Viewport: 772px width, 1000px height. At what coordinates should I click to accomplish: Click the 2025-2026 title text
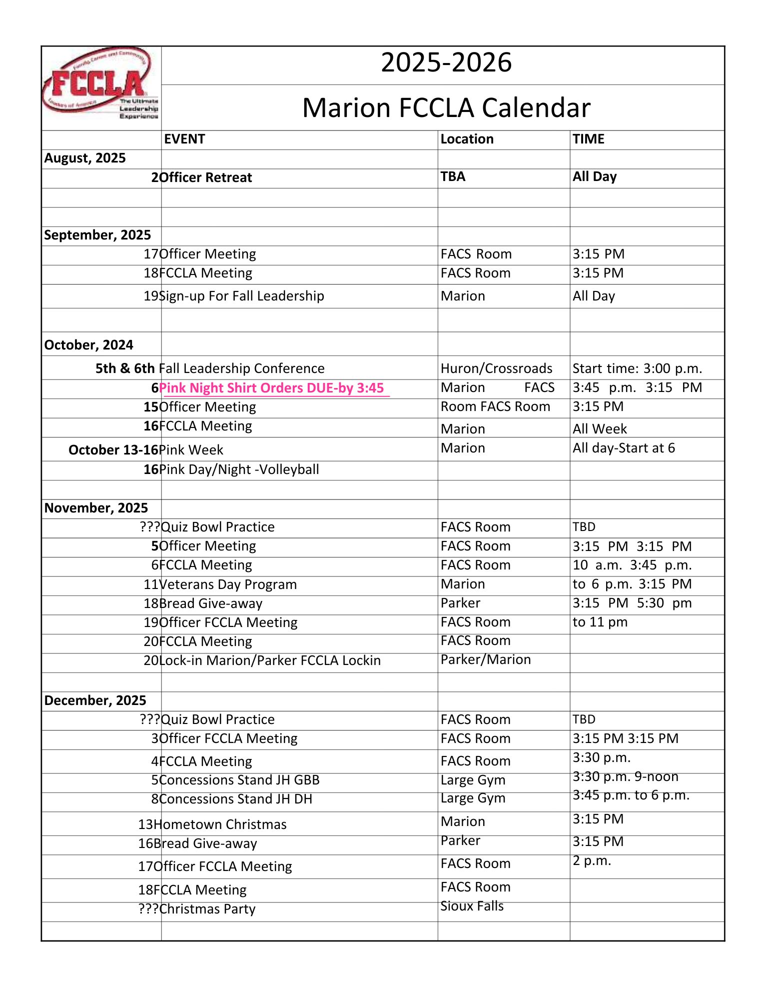tap(446, 63)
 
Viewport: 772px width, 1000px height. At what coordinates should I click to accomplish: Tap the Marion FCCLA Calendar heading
tap(446, 108)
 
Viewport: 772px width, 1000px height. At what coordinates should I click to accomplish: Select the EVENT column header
tap(184, 139)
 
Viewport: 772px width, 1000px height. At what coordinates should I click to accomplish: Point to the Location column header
tap(467, 139)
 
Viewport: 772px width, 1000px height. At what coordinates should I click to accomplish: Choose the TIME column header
tap(588, 139)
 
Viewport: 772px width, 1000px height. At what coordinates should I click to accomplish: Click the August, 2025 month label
tap(85, 158)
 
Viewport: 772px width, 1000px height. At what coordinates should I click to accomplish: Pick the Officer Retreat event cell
tap(206, 178)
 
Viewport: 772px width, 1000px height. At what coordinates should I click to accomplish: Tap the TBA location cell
tap(453, 177)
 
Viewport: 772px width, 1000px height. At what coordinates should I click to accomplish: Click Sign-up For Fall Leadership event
tap(242, 296)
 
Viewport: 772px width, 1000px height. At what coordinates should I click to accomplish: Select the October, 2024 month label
tap(89, 345)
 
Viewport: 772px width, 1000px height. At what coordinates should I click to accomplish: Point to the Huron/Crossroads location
tap(496, 369)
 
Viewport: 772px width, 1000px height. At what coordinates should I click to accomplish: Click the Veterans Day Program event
tap(228, 585)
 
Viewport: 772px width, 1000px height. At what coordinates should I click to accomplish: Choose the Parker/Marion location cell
tap(485, 660)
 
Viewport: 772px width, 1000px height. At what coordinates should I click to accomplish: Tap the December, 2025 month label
tap(95, 701)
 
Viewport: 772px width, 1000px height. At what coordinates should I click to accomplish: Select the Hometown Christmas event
tap(221, 824)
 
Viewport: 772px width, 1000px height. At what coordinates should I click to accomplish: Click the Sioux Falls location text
tap(472, 906)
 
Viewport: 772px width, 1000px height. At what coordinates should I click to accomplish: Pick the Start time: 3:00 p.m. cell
tap(637, 369)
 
